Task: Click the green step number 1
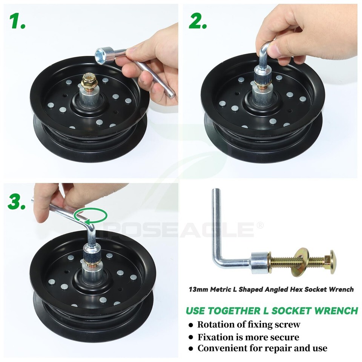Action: (x=17, y=21)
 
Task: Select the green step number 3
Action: (x=17, y=201)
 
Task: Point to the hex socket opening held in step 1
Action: (x=101, y=54)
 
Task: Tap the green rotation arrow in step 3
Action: (x=90, y=216)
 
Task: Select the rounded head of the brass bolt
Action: (x=333, y=262)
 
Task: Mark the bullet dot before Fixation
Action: (x=191, y=337)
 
